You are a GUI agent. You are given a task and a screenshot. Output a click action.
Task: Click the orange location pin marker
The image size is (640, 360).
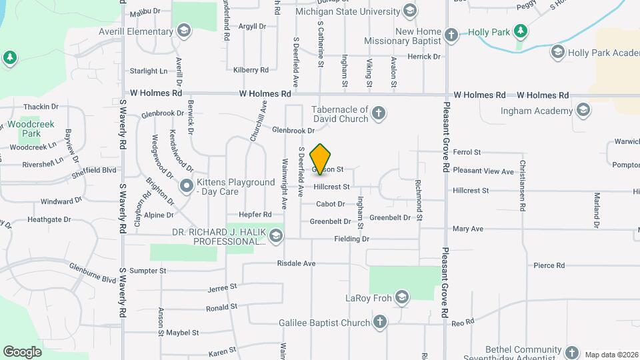tap(320, 159)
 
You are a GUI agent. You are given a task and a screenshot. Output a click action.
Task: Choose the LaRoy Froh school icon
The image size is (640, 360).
tap(401, 297)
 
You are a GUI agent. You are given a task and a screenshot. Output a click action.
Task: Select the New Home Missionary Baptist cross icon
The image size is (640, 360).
tap(451, 35)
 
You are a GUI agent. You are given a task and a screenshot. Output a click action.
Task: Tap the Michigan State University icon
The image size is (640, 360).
tap(410, 11)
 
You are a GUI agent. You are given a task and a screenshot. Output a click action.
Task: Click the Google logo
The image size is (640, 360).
tap(22, 351)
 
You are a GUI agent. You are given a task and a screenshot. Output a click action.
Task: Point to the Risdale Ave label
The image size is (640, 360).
tap(297, 263)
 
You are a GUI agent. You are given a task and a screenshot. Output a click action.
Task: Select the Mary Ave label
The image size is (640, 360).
tap(467, 229)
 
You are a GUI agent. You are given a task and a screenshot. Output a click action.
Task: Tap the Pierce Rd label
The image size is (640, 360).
tap(549, 265)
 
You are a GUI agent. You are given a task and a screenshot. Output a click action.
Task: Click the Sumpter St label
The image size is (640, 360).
tap(148, 271)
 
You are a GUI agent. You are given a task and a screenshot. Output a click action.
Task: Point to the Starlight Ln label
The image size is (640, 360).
tap(149, 71)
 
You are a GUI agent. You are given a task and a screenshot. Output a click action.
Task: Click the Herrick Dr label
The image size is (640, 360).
tap(424, 57)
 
